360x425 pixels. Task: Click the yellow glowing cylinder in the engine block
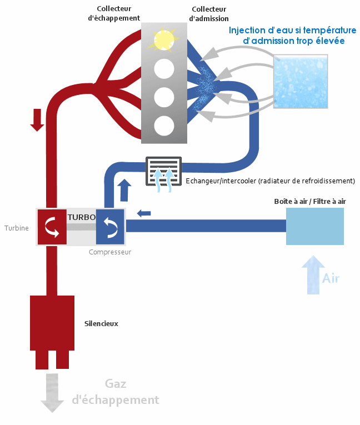164,40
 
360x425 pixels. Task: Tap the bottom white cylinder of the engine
164,126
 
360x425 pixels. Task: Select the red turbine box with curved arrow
52,227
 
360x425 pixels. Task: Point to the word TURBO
81,217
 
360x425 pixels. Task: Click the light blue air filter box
314,226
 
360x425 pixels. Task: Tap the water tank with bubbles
301,82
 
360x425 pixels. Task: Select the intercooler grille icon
163,172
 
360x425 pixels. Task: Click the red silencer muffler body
52,323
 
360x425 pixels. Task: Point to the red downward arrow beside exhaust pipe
37,119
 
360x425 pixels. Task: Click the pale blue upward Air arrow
313,274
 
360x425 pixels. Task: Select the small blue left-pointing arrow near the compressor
143,213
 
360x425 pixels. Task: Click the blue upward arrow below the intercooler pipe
124,189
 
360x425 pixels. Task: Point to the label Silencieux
101,323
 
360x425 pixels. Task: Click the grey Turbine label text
17,228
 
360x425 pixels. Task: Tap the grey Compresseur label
110,252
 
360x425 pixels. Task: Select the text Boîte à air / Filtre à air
313,201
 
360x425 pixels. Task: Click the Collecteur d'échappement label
114,13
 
